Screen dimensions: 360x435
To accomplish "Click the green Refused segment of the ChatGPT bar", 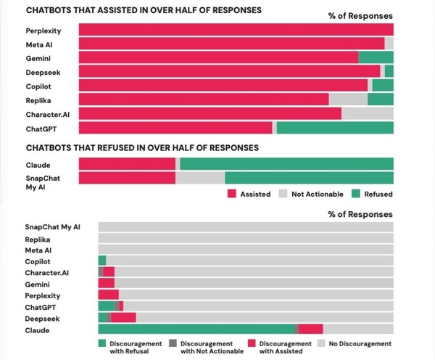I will pos(335,128).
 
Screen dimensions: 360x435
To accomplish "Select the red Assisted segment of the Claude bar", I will pos(127,164).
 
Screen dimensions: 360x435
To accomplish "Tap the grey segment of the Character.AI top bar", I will pos(367,113).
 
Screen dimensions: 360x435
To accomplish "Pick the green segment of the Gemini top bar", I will pos(376,57).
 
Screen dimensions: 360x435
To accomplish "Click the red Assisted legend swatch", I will pos(233,194).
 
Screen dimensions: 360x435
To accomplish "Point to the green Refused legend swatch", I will pos(356,194).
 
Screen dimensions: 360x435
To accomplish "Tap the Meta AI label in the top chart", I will pos(41,44).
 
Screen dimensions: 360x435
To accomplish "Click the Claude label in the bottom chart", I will pos(38,330).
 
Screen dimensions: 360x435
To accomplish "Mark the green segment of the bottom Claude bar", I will pos(196,329).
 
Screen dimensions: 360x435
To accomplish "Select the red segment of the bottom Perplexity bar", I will pos(108,295).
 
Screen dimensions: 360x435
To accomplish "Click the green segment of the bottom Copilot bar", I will pos(102,260).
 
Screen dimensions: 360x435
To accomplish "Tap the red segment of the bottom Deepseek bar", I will pos(124,317).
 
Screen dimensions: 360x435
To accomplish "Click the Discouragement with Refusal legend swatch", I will pos(102,343).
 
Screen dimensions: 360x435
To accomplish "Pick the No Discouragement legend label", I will pos(360,343).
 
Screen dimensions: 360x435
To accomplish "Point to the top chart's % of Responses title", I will pos(360,15).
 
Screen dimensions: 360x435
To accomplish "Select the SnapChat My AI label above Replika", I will pos(52,227).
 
